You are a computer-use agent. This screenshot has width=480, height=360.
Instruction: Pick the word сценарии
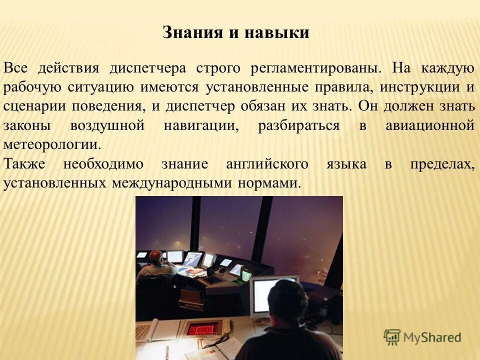click(34, 106)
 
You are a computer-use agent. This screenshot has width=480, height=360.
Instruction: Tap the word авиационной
click(429, 125)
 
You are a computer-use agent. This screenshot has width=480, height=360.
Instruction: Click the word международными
click(172, 183)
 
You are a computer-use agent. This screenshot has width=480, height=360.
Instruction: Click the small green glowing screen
click(246, 274)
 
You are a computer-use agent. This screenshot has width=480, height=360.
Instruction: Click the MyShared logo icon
click(392, 337)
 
